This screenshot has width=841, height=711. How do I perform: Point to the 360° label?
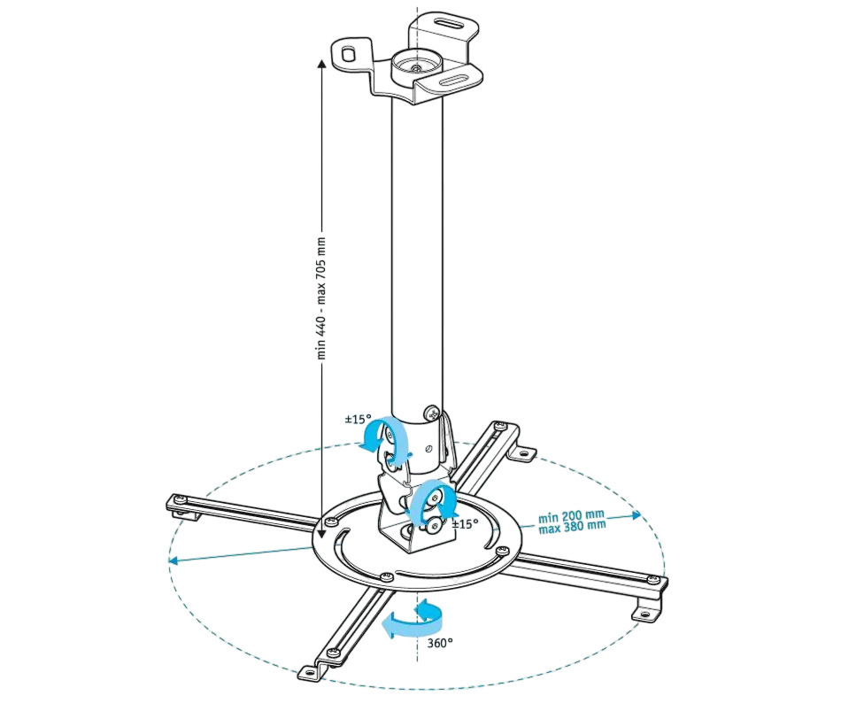click(x=439, y=642)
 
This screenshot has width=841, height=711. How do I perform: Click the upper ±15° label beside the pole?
click(x=358, y=419)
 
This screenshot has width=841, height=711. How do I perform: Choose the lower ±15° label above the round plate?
click(x=466, y=523)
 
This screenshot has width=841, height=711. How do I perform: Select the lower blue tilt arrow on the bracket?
click(x=432, y=502)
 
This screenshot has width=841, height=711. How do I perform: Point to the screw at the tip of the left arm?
click(x=181, y=501)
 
